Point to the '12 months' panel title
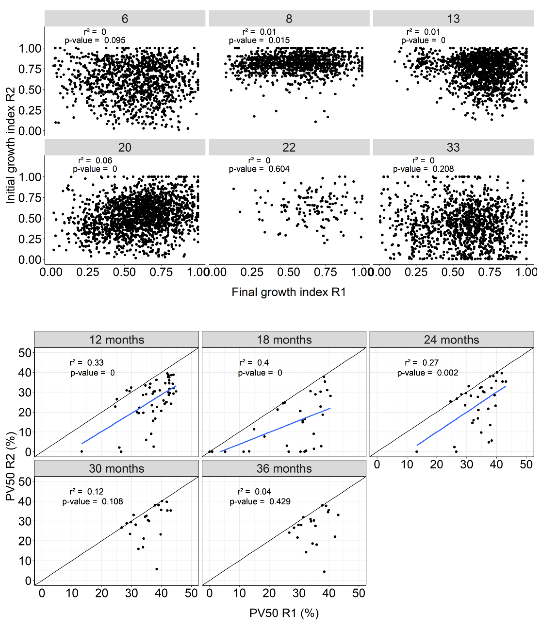[117, 340]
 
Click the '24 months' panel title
[452, 340]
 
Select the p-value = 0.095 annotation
[95, 40]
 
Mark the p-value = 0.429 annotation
[260, 501]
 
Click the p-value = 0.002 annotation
[428, 373]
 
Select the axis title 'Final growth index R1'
[289, 292]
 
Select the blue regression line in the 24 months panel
[461, 415]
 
